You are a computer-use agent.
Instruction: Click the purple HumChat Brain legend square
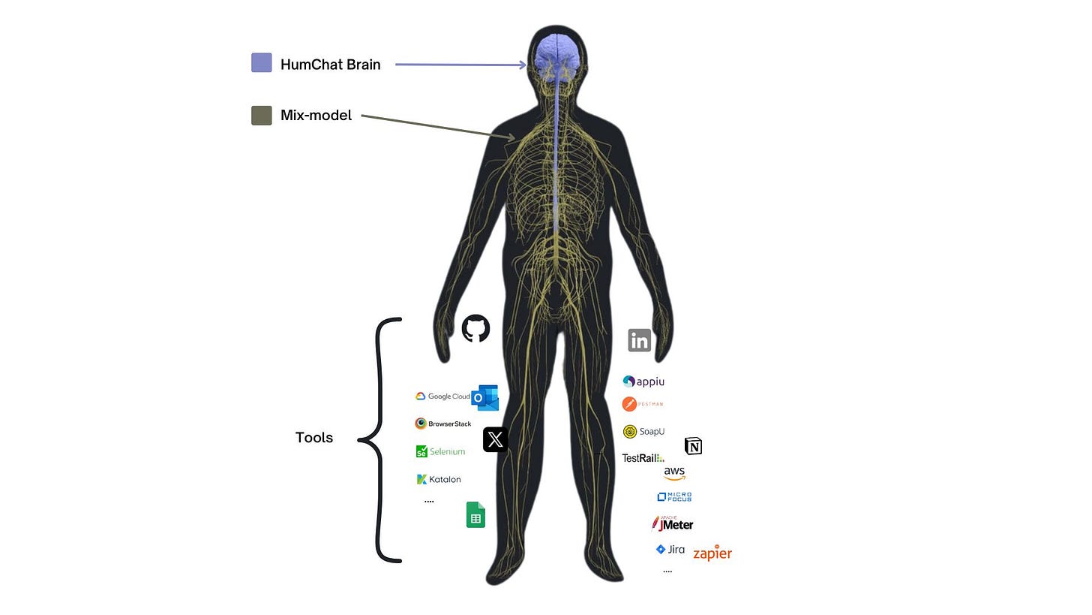tap(262, 63)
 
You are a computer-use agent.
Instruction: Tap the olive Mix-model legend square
tap(262, 116)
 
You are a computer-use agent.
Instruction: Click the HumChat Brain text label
tap(330, 65)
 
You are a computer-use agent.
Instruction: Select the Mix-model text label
tap(316, 116)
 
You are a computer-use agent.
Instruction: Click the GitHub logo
tap(475, 328)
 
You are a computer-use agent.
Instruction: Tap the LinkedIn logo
tap(639, 340)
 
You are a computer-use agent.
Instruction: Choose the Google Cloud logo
tap(442, 396)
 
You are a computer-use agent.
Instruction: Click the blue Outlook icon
tap(484, 396)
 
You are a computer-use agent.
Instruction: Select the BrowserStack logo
tap(443, 424)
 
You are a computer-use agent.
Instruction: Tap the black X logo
tap(495, 440)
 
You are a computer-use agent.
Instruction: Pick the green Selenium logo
tap(440, 451)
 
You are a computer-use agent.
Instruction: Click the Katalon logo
tap(439, 479)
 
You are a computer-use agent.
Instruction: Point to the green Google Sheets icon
tap(475, 515)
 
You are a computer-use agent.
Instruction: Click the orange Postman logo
tap(643, 404)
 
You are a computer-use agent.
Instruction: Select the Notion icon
tap(694, 447)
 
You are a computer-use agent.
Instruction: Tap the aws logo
tap(674, 473)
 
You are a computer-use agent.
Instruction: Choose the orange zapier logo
tap(712, 553)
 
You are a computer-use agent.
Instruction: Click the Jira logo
tap(670, 550)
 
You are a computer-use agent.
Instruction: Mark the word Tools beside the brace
tap(314, 438)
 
